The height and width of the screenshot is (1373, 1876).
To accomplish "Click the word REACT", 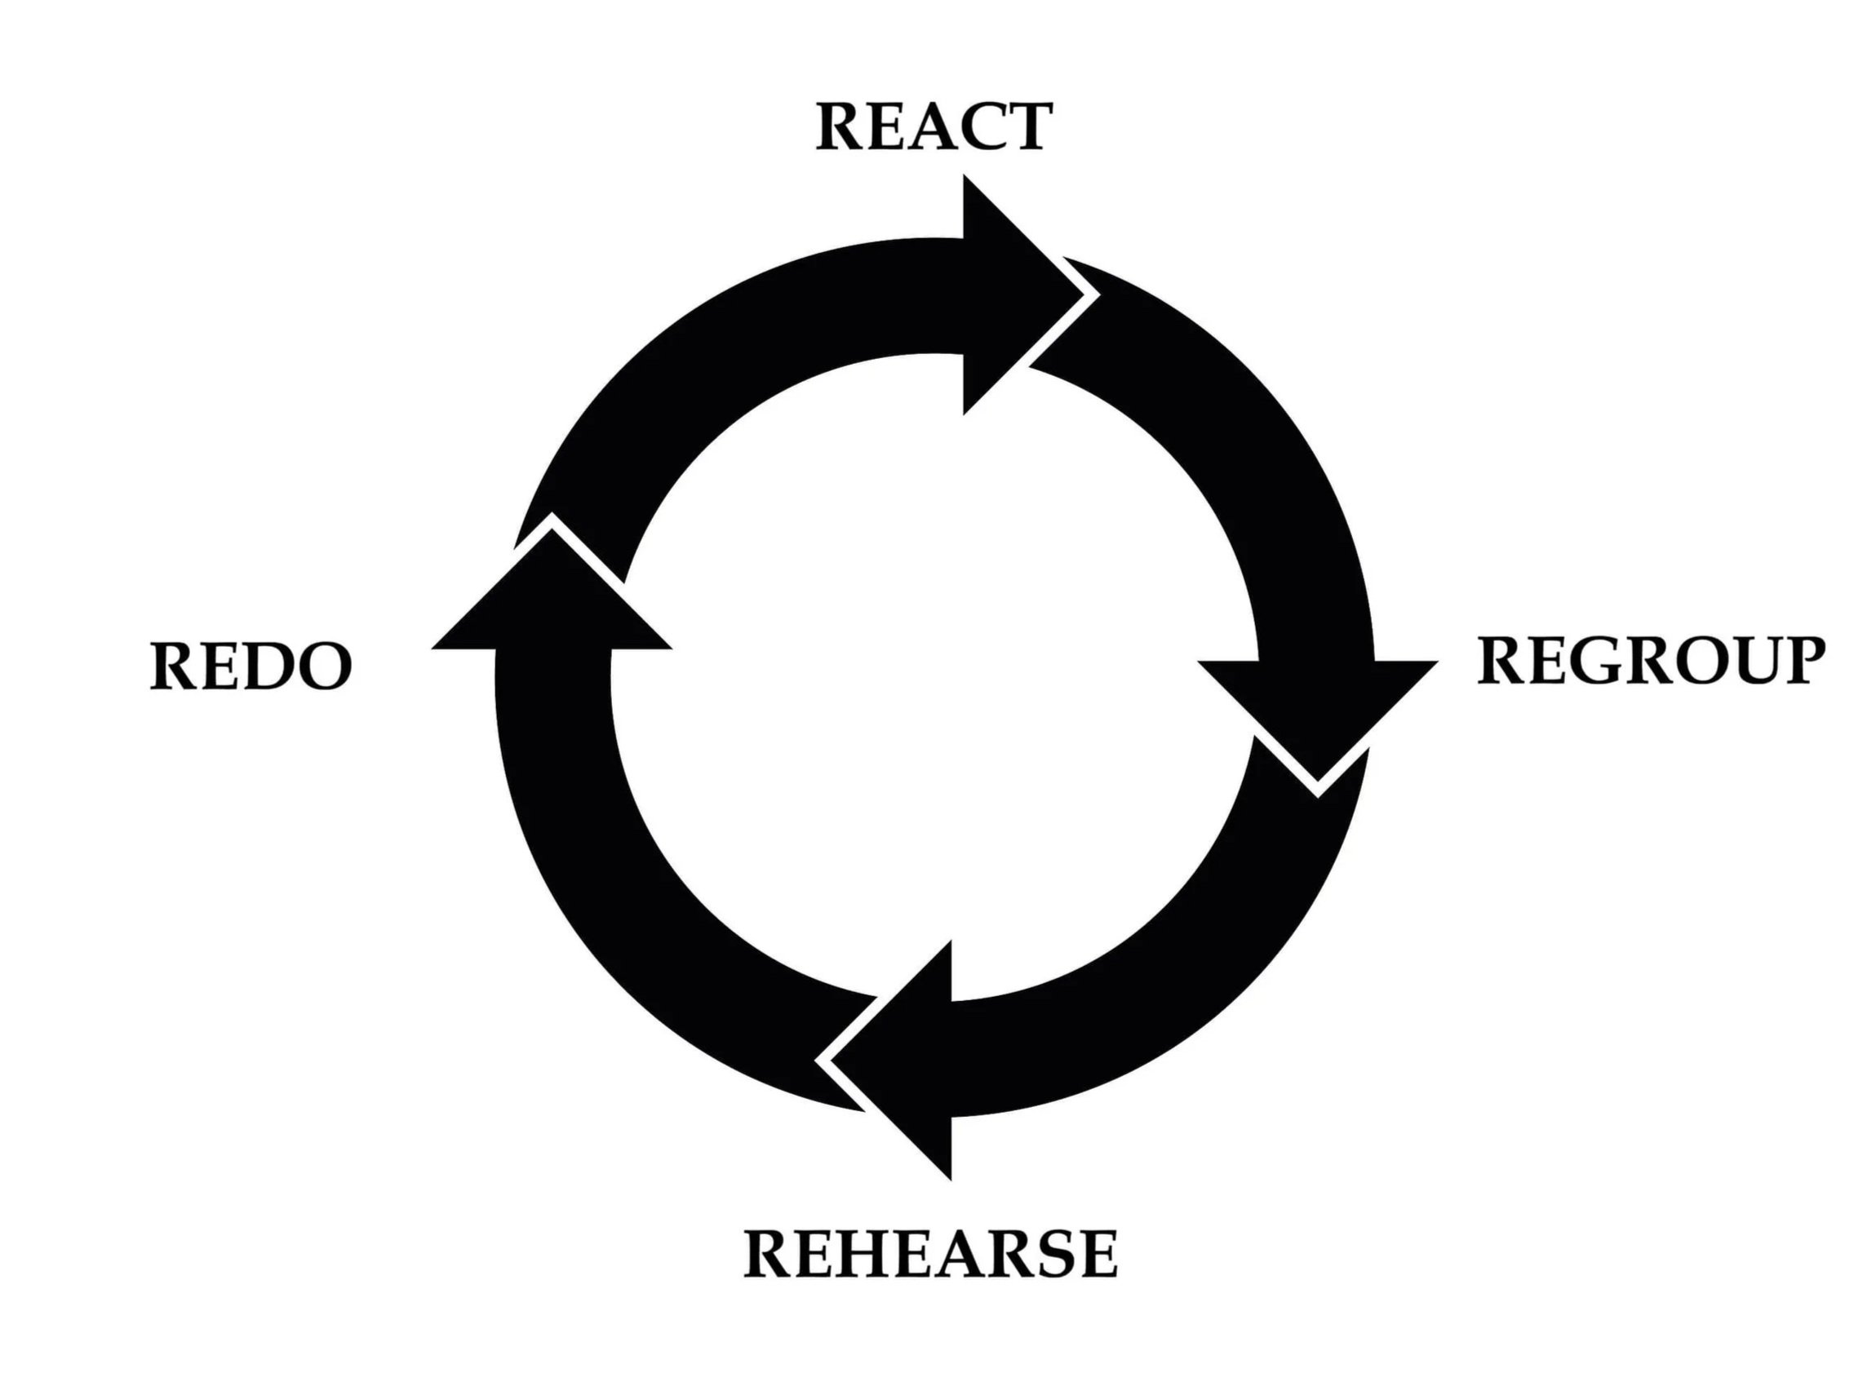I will pos(934,126).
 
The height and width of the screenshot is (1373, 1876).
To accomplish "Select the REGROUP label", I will pos(1651,662).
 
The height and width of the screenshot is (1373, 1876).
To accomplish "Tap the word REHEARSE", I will pos(930,1254).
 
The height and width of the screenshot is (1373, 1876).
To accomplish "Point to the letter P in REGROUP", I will pos(1796,662).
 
